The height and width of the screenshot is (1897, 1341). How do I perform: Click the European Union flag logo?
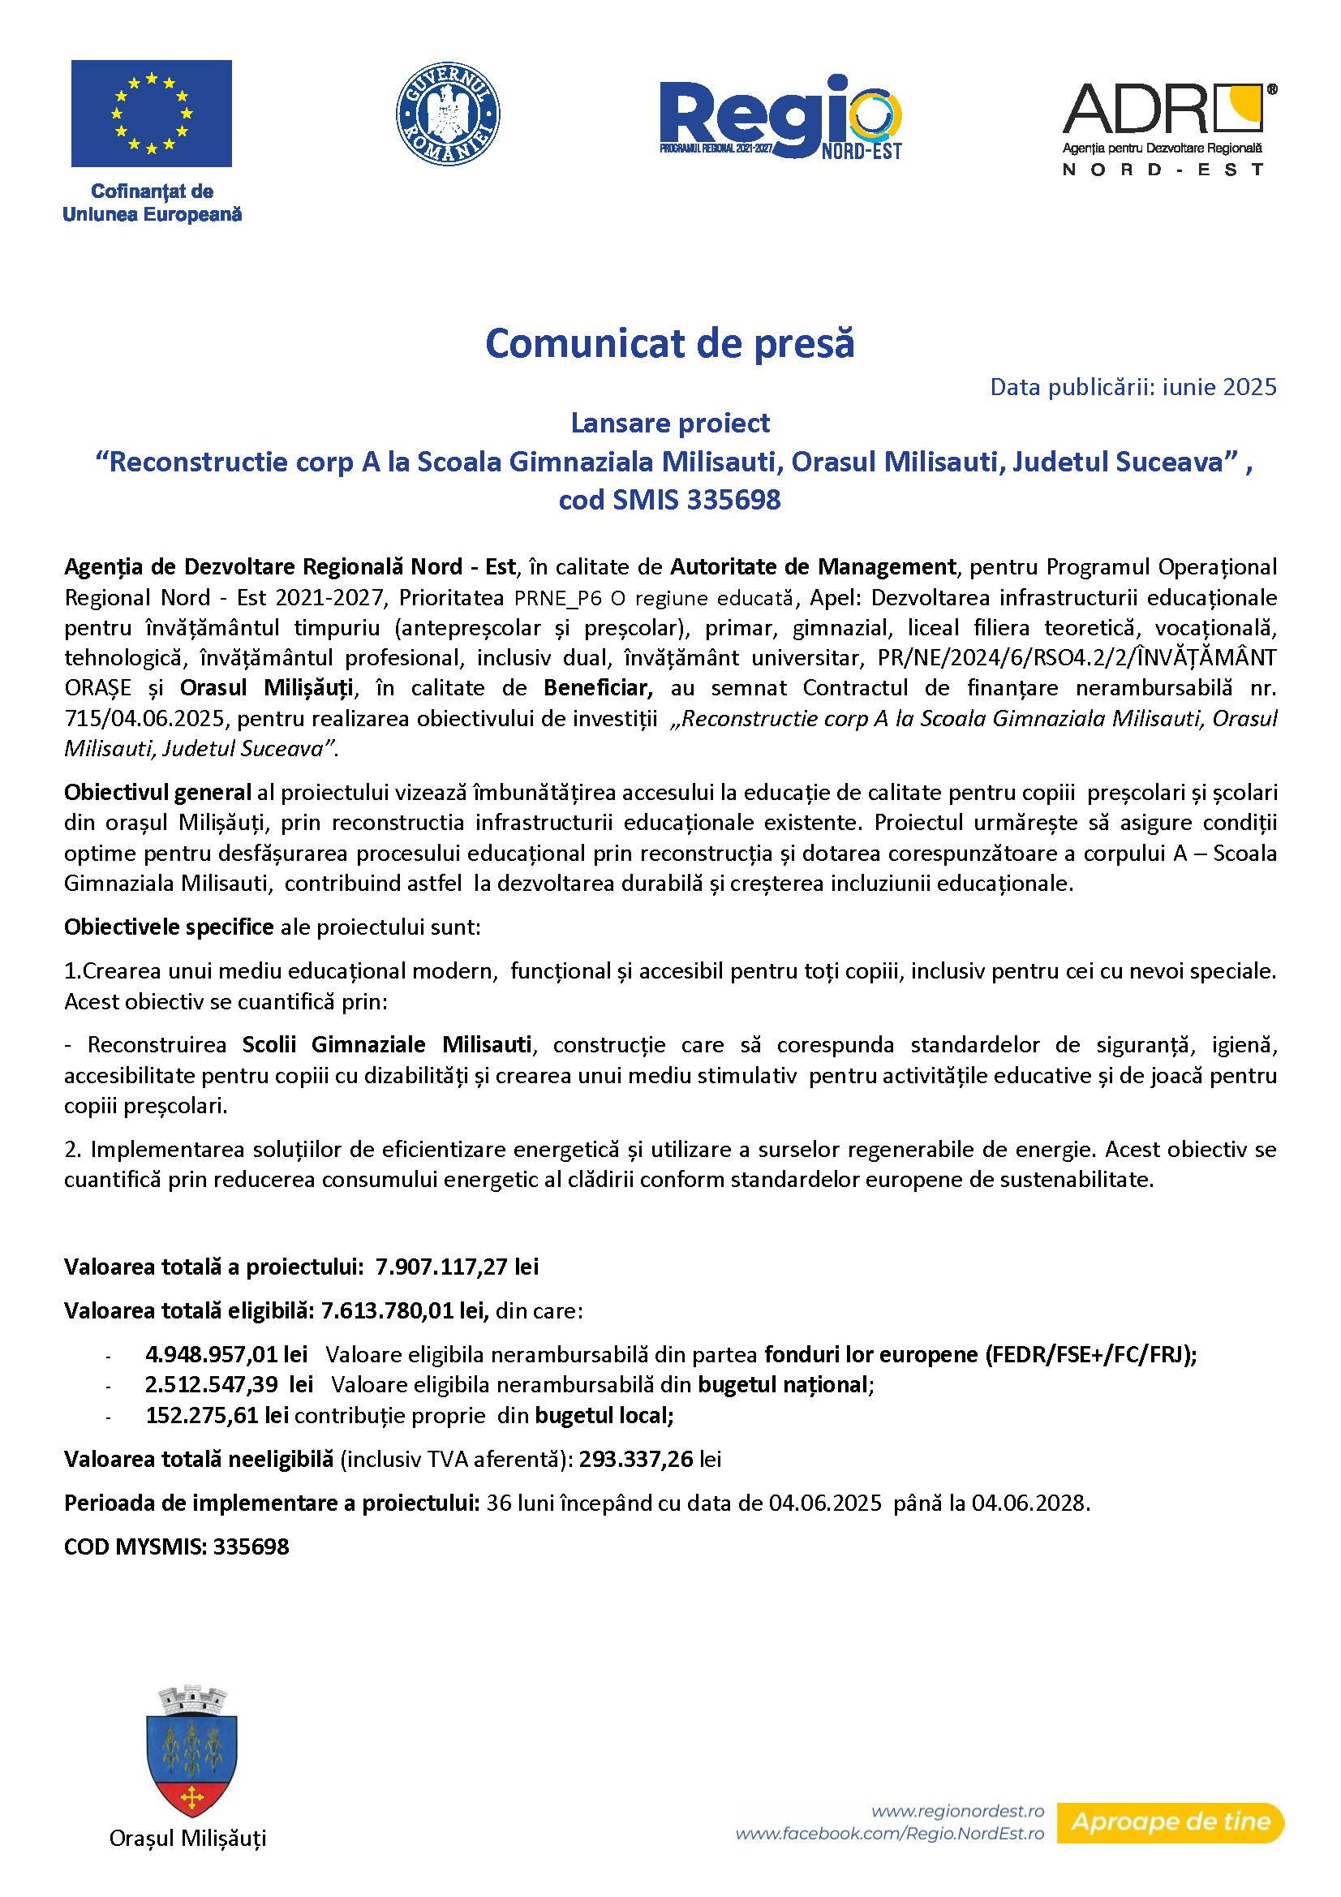pyautogui.click(x=151, y=114)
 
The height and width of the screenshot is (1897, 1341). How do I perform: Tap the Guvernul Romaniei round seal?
pyautogui.click(x=449, y=114)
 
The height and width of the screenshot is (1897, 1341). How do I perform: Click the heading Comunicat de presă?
pyautogui.click(x=669, y=344)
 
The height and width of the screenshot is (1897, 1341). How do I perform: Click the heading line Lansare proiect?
pyautogui.click(x=670, y=423)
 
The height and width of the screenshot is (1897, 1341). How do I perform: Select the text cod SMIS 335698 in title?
pyautogui.click(x=669, y=500)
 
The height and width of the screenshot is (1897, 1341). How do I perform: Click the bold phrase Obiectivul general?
pyautogui.click(x=157, y=793)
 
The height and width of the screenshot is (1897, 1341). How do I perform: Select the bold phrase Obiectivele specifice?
pyautogui.click(x=169, y=927)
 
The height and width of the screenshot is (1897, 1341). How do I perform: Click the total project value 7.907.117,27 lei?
pyautogui.click(x=457, y=1267)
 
